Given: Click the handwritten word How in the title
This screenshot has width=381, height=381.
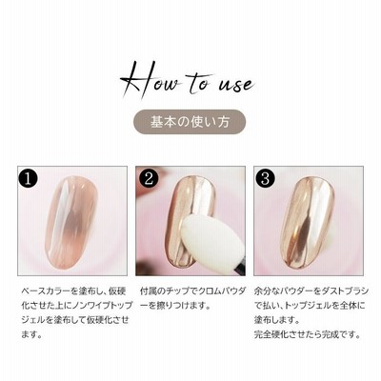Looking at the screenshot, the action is point(150,78).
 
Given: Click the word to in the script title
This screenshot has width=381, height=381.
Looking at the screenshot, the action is point(198,81).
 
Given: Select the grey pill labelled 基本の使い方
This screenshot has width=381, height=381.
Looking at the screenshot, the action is point(190,122).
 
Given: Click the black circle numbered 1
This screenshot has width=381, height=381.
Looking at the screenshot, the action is point(29,178).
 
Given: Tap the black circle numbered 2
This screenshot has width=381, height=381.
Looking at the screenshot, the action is point(148,178).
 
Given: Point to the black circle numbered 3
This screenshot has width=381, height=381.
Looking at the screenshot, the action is point(266,178).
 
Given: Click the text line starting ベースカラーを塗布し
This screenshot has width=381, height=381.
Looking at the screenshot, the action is point(73,291).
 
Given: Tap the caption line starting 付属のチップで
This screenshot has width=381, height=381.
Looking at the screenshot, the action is point(193,291).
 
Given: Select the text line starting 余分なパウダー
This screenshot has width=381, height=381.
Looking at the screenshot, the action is point(311,291).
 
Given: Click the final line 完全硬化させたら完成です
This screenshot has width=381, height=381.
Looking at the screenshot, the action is point(308,334).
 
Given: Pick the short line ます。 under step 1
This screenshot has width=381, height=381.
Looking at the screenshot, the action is point(31,334).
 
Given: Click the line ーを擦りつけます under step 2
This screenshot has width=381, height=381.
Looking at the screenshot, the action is point(175,306).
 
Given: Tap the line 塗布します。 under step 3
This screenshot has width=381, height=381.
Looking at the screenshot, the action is point(277,320).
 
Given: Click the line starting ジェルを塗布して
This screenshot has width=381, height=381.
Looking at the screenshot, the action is point(75,320).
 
